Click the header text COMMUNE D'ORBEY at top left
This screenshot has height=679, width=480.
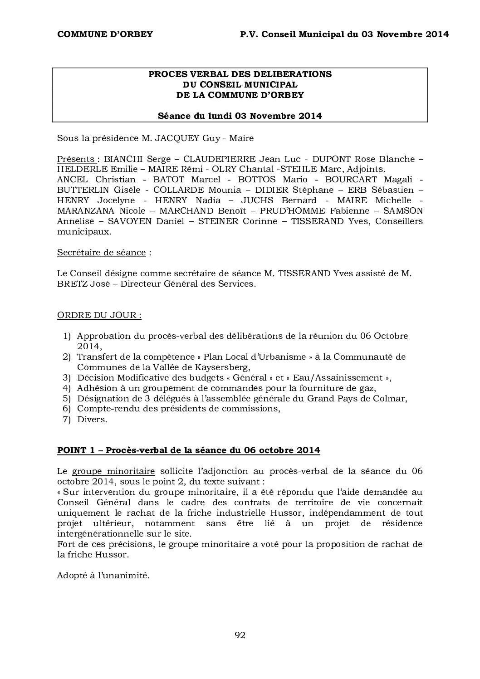pos(105,34)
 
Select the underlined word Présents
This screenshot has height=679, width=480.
pos(76,159)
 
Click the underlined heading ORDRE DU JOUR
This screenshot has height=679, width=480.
pos(99,315)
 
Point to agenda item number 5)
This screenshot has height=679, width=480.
pos(67,399)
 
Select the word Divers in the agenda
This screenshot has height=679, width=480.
pos(92,420)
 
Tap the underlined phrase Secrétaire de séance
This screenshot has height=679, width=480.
pos(101,253)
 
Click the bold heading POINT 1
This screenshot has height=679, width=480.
pos(76,450)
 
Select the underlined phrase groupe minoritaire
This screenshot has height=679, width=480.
pos(113,471)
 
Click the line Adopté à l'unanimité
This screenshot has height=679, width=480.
pos(103,576)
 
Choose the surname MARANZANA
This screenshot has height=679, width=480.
pos(86,211)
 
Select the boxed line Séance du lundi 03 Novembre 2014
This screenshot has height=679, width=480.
pos(240,116)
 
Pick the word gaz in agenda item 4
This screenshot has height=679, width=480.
pos(367,388)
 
